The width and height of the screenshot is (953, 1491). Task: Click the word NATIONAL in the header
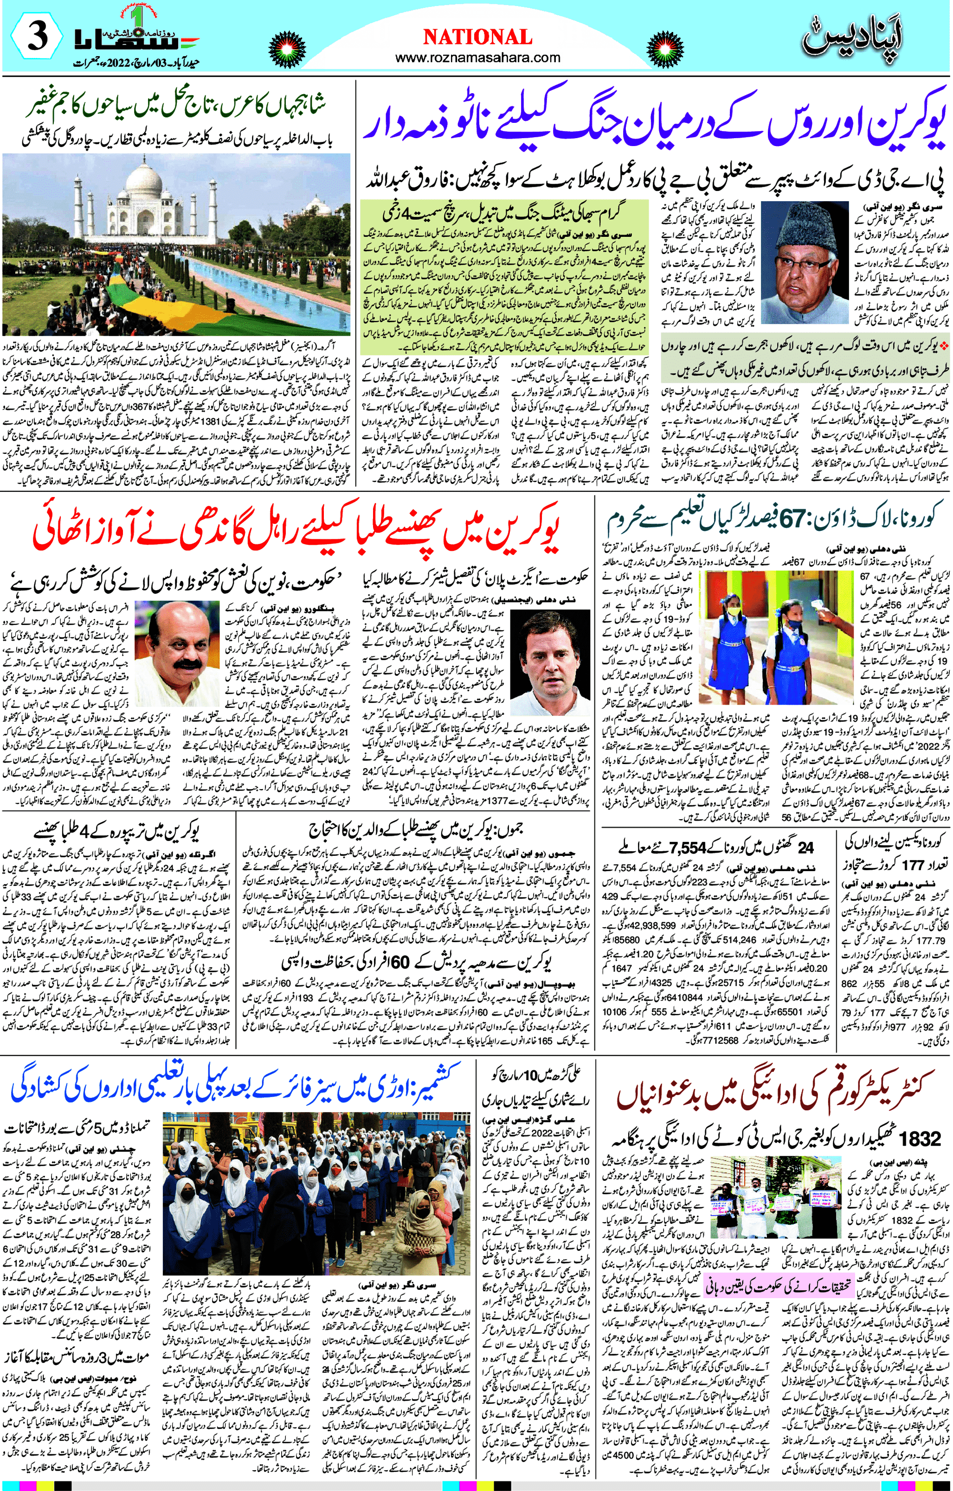click(x=477, y=37)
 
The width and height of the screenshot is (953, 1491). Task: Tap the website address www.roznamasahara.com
click(x=477, y=57)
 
